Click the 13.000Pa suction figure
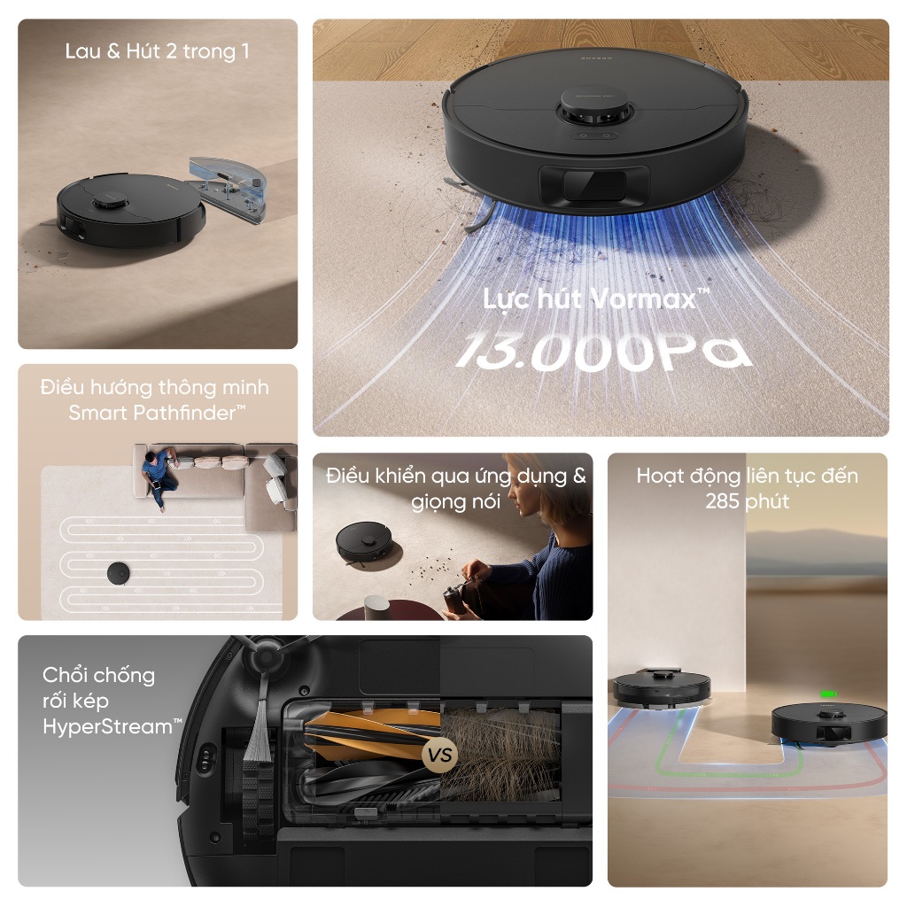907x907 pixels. pyautogui.click(x=604, y=351)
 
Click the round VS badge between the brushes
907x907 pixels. pyautogui.click(x=439, y=755)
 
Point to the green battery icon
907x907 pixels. pyautogui.click(x=829, y=694)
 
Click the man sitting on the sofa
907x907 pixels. pyautogui.click(x=159, y=477)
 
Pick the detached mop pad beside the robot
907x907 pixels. pyautogui.click(x=229, y=188)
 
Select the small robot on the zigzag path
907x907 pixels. pyautogui.click(x=119, y=573)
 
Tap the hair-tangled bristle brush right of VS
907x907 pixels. pyautogui.click(x=500, y=752)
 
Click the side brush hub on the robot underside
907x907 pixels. pyautogui.click(x=267, y=655)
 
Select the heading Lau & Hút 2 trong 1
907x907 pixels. pyautogui.click(x=158, y=51)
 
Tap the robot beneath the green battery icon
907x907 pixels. pyautogui.click(x=828, y=723)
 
